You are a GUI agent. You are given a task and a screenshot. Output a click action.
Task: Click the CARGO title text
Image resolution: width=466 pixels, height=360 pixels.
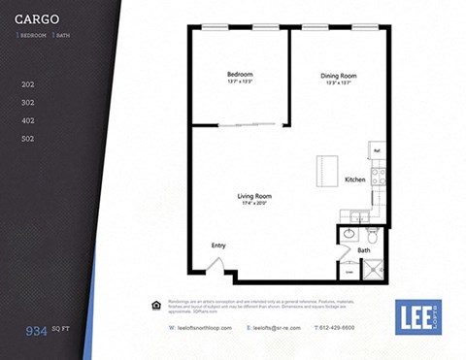coord(37,18)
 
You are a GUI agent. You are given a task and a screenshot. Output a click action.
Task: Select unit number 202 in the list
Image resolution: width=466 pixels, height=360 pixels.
coord(28,84)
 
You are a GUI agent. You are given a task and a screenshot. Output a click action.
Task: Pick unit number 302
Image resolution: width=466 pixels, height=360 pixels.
coord(28,102)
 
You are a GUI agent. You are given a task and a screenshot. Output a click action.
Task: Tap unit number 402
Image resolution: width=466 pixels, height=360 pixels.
coord(28,120)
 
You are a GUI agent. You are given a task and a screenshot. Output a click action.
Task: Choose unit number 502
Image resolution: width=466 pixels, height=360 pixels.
coord(28,139)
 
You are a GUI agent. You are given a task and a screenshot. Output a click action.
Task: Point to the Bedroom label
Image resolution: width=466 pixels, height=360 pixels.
coord(240,75)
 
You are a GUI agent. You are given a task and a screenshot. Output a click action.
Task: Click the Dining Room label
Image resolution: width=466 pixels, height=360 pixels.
coord(338,76)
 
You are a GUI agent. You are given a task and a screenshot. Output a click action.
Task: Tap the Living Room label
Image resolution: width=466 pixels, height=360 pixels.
coord(253,196)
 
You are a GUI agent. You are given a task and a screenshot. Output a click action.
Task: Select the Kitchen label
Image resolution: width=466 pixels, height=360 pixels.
coord(354,180)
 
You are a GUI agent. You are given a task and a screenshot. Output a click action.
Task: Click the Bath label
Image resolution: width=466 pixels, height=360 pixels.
coord(364,250)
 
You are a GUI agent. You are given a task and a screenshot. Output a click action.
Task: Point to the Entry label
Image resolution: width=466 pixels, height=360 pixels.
coord(218,245)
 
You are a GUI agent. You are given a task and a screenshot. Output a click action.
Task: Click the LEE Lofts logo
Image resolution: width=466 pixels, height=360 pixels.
coord(418,316)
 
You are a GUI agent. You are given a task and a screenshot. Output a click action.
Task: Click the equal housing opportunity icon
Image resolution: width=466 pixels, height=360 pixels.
coord(158,305)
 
